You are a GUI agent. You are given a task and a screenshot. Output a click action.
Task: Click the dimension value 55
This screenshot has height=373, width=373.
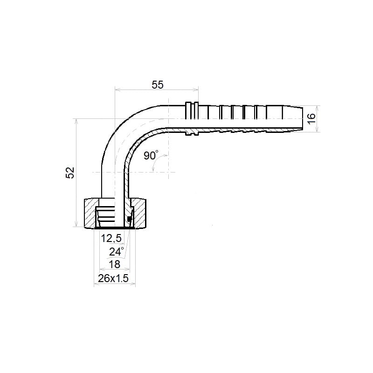[158, 85]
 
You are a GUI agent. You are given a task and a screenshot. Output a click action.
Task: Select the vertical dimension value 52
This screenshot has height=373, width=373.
[70, 173]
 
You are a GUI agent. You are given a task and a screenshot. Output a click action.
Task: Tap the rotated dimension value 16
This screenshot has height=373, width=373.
[311, 118]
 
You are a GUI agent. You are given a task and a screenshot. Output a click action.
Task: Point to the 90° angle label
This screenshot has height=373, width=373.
[151, 155]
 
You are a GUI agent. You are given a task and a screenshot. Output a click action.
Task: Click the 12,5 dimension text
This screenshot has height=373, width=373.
[111, 238]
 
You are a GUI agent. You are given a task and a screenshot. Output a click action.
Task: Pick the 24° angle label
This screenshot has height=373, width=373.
[116, 251]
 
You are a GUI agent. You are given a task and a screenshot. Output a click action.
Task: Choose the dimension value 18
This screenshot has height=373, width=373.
[114, 264]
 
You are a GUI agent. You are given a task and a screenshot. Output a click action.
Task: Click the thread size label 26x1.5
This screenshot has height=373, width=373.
[113, 278]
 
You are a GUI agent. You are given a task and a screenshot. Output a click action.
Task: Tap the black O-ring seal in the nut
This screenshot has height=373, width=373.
[129, 219]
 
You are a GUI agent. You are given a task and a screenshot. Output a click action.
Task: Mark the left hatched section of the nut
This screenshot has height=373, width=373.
[90, 213]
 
